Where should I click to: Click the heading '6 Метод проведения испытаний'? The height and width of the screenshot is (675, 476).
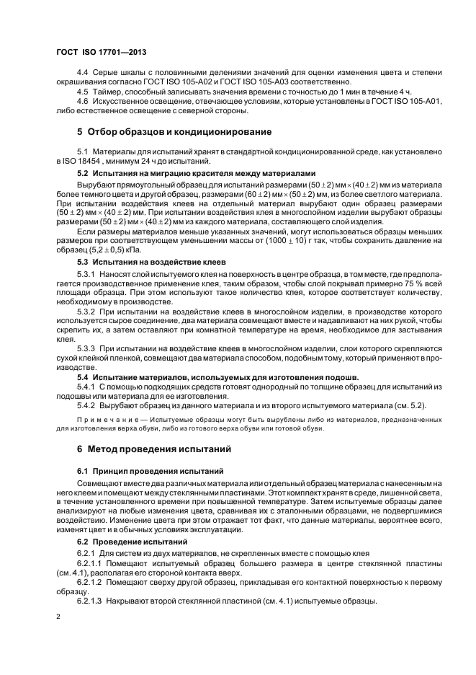click(x=153, y=449)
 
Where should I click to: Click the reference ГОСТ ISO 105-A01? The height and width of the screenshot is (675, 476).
click(x=408, y=101)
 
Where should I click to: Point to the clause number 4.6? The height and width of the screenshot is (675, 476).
click(x=82, y=101)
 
